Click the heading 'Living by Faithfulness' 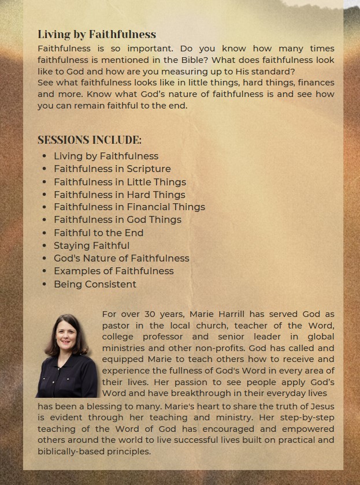(97, 35)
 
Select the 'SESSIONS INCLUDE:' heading (90, 140)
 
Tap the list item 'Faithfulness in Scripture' (112, 169)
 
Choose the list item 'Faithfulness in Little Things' (120, 182)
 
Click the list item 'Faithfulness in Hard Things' (119, 195)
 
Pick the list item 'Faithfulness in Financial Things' (129, 207)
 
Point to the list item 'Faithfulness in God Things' (117, 220)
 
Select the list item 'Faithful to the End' (98, 233)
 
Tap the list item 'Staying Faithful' (91, 245)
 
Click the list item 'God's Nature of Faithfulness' (121, 258)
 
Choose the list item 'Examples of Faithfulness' (113, 271)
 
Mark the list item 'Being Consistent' (95, 284)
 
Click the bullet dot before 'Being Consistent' (44, 284)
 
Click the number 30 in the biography (150, 314)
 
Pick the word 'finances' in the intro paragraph (316, 83)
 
